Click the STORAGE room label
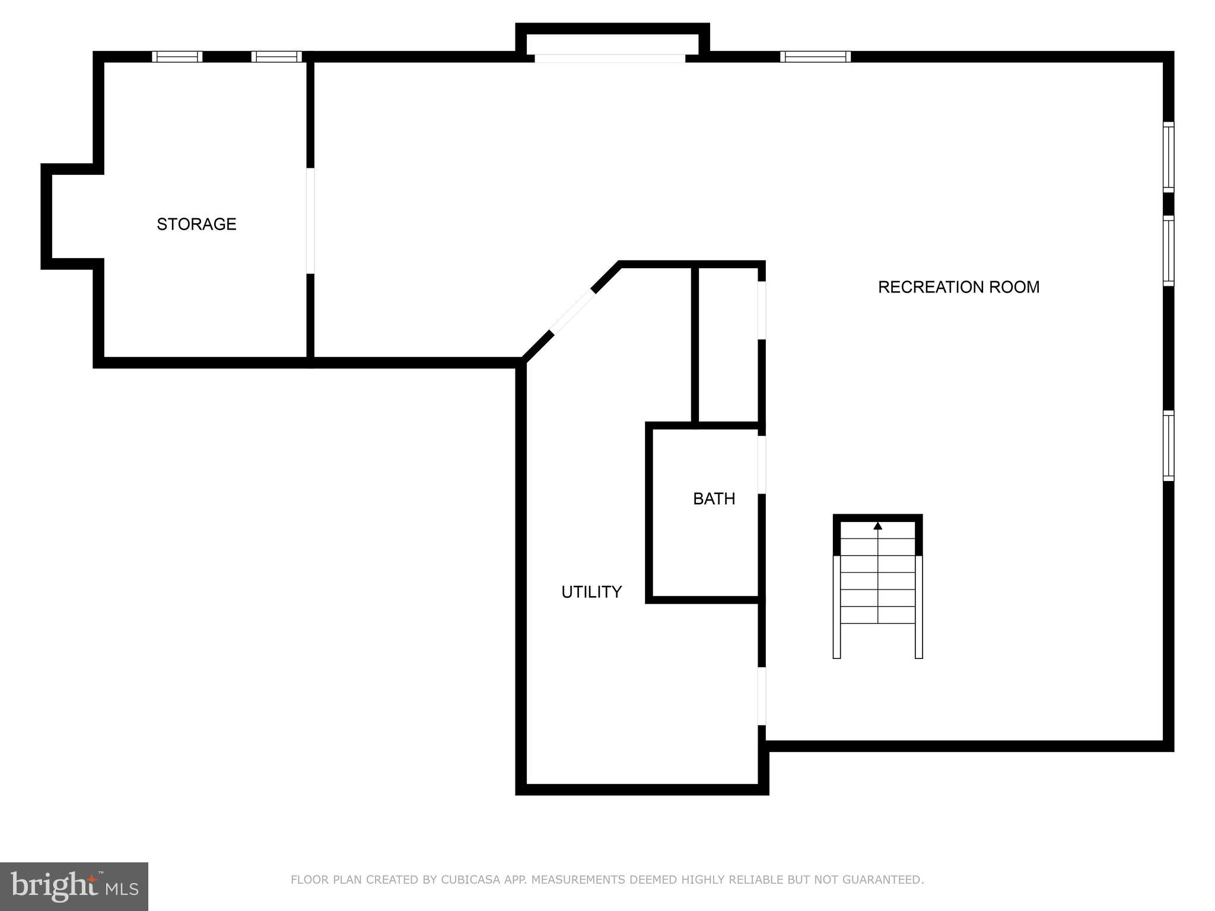pos(196,224)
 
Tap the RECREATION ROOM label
pos(958,287)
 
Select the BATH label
pos(714,499)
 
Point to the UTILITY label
pos(591,592)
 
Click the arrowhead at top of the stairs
pos(877,526)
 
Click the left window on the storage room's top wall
pos(177,57)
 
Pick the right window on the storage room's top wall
pos(276,57)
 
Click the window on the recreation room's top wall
pos(815,57)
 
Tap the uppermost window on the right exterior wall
pos(1168,157)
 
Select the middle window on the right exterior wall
pos(1168,251)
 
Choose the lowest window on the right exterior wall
pos(1168,445)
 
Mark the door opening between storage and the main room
pos(310,221)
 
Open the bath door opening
pos(762,465)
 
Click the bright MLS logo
pos(74,886)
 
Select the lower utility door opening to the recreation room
pos(762,696)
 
